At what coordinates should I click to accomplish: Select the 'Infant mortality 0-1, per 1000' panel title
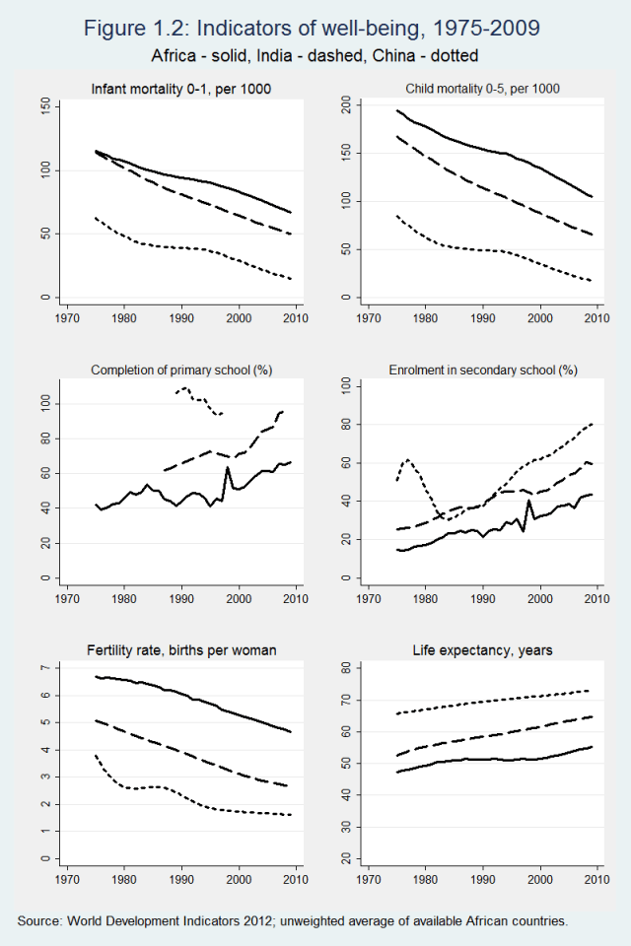pyautogui.click(x=180, y=90)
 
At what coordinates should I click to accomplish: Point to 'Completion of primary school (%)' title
pyautogui.click(x=181, y=371)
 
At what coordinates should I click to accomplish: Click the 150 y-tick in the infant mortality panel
pyautogui.click(x=45, y=106)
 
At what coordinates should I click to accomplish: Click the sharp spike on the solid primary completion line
pyautogui.click(x=228, y=467)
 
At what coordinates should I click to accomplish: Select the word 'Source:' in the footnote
pyautogui.click(x=39, y=920)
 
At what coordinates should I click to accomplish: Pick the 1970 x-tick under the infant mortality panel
pyautogui.click(x=67, y=318)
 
